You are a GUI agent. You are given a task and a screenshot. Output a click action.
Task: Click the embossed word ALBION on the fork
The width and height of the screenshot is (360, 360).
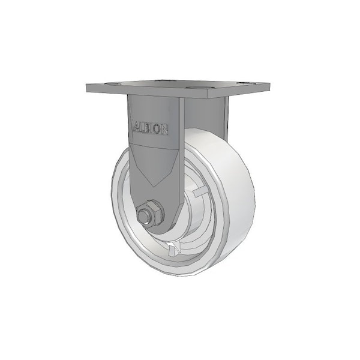pyautogui.click(x=150, y=129)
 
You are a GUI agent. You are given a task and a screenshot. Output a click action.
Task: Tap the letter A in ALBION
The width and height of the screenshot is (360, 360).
pyautogui.click(x=135, y=128)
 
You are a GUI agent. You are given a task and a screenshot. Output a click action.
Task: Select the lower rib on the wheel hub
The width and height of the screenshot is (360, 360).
pyautogui.click(x=174, y=248)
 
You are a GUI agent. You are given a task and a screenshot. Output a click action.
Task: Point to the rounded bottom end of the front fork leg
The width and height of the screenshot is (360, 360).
pyautogui.click(x=157, y=229)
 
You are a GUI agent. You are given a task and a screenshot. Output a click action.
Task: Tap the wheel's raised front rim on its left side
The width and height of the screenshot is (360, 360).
pyautogui.click(x=118, y=198)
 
